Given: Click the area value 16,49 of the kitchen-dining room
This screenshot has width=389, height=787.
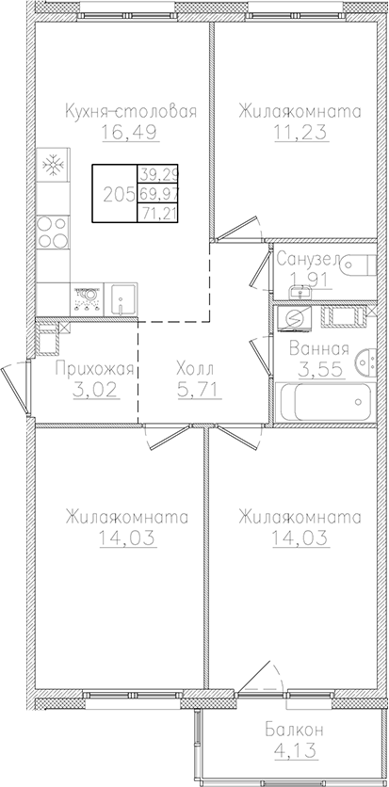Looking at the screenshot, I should pyautogui.click(x=129, y=133).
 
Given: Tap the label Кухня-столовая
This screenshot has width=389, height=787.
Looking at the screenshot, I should pyautogui.click(x=131, y=111).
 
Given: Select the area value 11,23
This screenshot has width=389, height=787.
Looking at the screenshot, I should pyautogui.click(x=300, y=133).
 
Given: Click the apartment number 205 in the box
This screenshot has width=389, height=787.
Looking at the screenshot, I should pyautogui.click(x=117, y=194).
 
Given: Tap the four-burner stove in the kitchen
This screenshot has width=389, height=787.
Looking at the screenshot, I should pyautogui.click(x=53, y=232).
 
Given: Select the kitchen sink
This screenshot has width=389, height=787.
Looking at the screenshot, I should pyautogui.click(x=122, y=297).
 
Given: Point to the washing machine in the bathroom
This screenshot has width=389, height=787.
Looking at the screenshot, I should pyautogui.click(x=294, y=321).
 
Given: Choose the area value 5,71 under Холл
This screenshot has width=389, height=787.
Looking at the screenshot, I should pyautogui.click(x=199, y=389).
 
